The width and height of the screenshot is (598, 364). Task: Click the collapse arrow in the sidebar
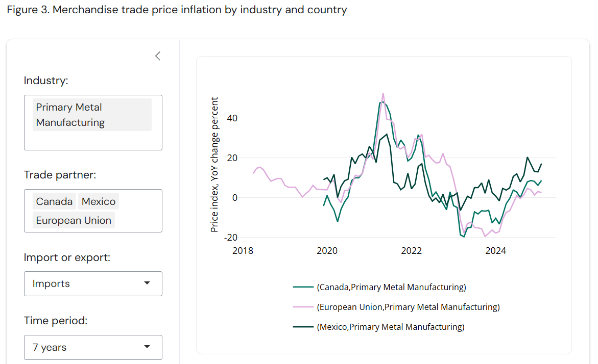point(158,56)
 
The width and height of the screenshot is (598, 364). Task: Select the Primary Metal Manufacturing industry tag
point(92,115)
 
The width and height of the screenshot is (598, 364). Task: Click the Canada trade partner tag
point(54,201)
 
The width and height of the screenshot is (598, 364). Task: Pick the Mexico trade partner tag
point(99,201)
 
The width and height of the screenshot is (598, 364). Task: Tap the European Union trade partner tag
point(74,220)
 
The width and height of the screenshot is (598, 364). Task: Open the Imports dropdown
point(93,283)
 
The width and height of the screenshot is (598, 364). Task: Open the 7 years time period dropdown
point(93,347)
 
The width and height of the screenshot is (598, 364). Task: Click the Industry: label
point(46,81)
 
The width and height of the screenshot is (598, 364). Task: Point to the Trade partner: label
point(60,175)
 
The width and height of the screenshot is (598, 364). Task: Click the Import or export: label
point(67,257)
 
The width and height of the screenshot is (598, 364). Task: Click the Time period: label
point(56,321)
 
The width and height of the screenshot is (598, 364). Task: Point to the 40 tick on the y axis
point(232,118)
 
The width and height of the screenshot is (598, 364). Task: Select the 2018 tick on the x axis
point(243,251)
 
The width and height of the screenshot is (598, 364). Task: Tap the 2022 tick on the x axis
point(411,251)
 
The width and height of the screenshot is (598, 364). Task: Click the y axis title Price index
point(215,165)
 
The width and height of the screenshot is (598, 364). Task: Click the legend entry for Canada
point(391,287)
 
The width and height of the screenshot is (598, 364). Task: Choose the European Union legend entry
point(408,307)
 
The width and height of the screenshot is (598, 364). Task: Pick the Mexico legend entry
point(390,327)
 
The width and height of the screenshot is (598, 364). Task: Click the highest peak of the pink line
point(383,93)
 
